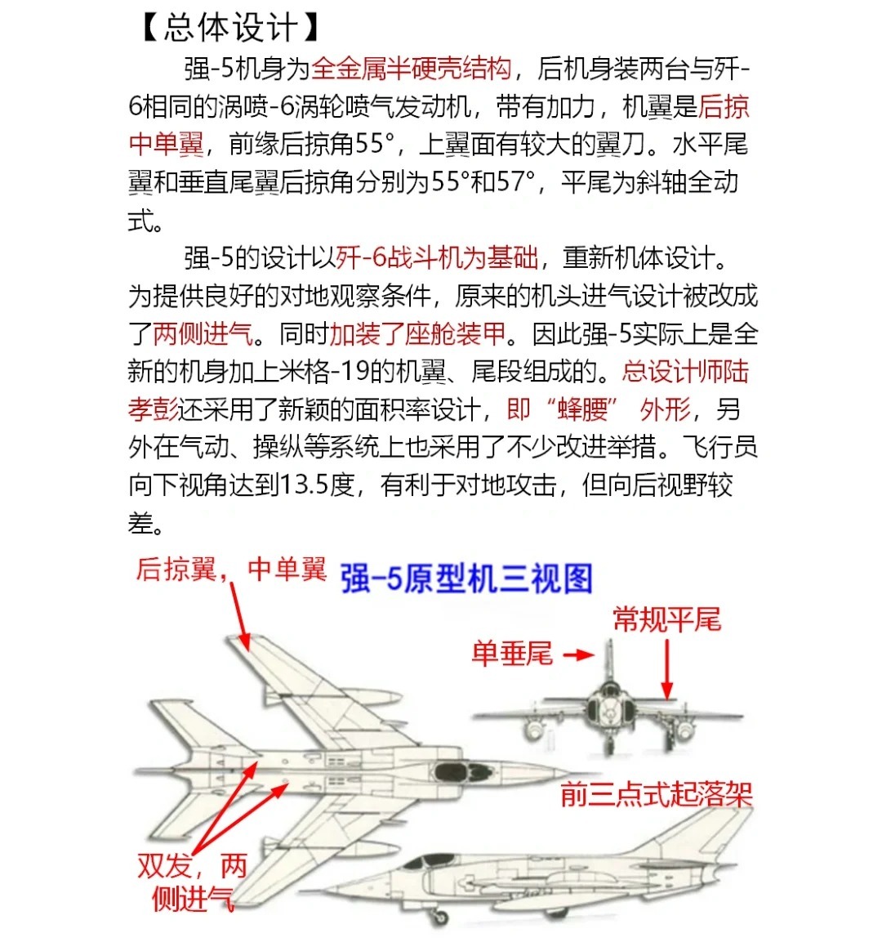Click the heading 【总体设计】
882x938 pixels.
[x=229, y=28]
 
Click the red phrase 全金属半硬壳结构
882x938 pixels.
[x=411, y=69]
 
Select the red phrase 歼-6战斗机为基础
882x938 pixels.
[x=437, y=258]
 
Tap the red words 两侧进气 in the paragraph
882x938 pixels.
[x=203, y=333]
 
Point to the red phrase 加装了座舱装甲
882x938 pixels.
[x=417, y=333]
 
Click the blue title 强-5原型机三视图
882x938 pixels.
[x=466, y=578]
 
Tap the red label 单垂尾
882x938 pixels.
[x=512, y=654]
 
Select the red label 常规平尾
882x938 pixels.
[x=666, y=619]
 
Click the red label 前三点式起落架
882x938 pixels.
[x=656, y=794]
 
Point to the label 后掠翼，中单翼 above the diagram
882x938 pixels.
[x=231, y=569]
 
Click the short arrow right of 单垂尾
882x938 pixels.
[x=579, y=655]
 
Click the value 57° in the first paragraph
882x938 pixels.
[x=513, y=182]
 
